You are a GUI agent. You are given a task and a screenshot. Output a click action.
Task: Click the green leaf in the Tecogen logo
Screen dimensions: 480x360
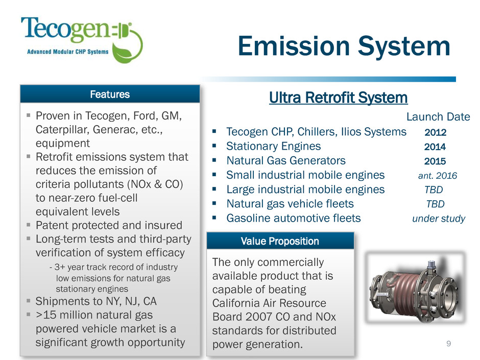point(123,52)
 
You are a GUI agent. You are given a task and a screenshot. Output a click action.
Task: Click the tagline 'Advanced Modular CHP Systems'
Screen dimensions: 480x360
point(67,52)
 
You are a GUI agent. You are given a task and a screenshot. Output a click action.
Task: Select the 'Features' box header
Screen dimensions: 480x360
point(110,94)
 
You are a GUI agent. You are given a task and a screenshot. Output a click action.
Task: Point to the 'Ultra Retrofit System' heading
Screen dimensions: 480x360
point(338,98)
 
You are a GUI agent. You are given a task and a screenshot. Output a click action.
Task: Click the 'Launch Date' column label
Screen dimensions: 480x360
point(438,116)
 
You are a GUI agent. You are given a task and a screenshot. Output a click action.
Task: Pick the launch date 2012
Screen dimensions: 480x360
point(435,132)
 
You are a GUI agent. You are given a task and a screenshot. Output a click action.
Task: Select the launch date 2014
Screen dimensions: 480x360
point(435,147)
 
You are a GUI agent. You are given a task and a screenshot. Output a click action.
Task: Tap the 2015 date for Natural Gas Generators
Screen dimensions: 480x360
point(435,161)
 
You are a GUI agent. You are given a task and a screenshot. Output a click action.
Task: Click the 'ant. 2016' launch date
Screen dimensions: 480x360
point(438,176)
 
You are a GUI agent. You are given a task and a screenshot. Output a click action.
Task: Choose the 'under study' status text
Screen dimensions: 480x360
point(439,219)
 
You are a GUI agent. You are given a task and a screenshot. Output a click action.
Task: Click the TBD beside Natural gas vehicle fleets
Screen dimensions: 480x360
point(435,204)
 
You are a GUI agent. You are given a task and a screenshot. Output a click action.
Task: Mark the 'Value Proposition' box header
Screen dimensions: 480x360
point(280,241)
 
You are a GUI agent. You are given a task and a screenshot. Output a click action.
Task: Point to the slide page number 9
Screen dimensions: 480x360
point(448,344)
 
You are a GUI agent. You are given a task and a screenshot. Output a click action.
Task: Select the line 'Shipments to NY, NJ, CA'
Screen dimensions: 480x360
point(96,301)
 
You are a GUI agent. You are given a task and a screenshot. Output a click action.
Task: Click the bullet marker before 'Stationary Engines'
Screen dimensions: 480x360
point(214,146)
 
